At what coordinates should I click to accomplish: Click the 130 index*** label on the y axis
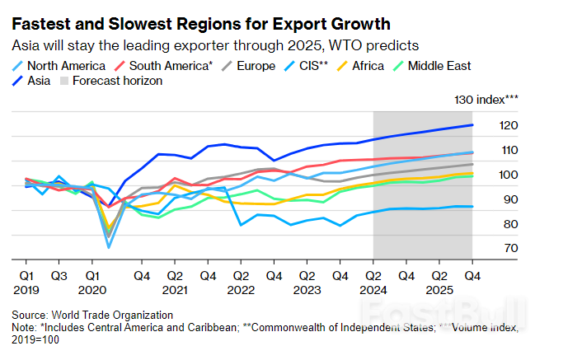(486, 100)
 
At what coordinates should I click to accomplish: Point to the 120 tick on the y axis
(509, 125)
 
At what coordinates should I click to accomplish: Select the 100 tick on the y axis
(509, 175)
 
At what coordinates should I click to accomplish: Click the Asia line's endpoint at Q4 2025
(472, 125)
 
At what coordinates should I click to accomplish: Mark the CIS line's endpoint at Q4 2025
(472, 207)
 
